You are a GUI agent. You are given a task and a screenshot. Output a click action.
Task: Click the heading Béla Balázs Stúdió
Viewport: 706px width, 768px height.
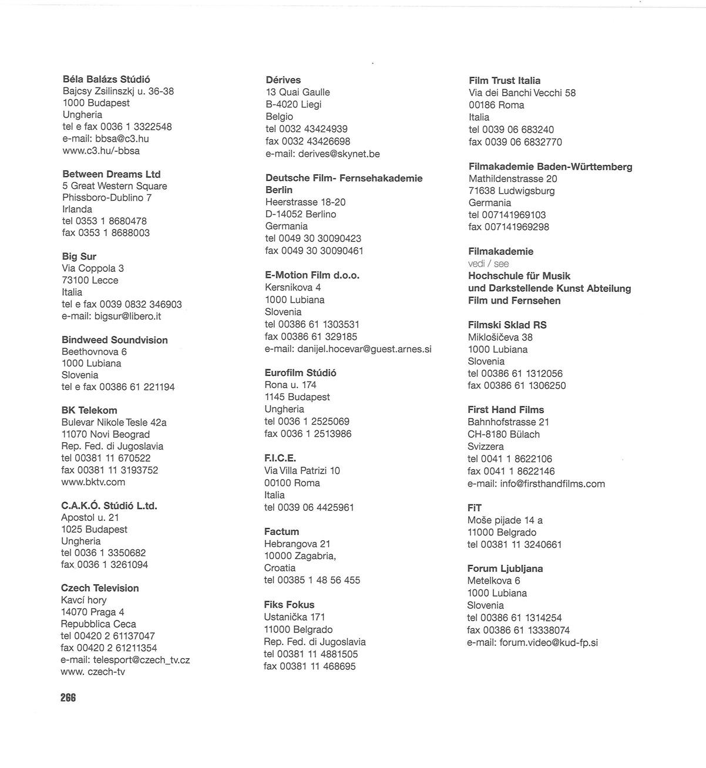tap(106, 79)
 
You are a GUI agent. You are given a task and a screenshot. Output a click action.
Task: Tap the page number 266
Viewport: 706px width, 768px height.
tap(68, 698)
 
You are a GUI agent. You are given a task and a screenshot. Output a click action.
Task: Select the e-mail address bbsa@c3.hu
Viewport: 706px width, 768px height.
tap(122, 139)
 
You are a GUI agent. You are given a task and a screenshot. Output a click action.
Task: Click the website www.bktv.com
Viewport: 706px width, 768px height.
tap(93, 482)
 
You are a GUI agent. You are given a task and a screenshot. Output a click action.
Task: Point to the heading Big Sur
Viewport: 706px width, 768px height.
tap(79, 256)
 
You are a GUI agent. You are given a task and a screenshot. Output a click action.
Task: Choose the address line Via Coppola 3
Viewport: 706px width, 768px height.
tap(93, 268)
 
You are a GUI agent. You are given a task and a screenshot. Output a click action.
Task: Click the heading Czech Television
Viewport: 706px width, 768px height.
tap(100, 588)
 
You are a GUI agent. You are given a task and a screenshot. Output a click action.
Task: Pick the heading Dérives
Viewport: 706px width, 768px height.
tap(283, 80)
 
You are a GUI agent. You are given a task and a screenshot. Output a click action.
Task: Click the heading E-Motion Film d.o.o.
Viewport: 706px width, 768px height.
tap(312, 275)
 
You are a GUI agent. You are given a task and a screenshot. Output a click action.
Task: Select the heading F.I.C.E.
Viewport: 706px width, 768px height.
tap(280, 458)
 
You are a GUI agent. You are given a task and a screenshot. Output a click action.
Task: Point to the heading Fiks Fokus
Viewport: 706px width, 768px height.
tap(289, 604)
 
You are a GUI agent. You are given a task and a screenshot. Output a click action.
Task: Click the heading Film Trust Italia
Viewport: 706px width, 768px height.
tap(505, 80)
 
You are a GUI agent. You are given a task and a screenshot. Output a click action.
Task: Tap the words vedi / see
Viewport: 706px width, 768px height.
tap(488, 264)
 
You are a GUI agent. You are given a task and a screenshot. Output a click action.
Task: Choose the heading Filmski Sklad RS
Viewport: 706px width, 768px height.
tap(507, 325)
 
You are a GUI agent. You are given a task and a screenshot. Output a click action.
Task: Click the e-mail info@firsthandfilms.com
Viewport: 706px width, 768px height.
tap(552, 484)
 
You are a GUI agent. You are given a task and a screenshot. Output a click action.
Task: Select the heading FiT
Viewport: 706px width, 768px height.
tap(475, 507)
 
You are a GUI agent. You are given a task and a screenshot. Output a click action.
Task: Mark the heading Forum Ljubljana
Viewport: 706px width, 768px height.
tap(505, 568)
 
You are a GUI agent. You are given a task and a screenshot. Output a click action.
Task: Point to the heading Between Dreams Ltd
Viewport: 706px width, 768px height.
tap(111, 174)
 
